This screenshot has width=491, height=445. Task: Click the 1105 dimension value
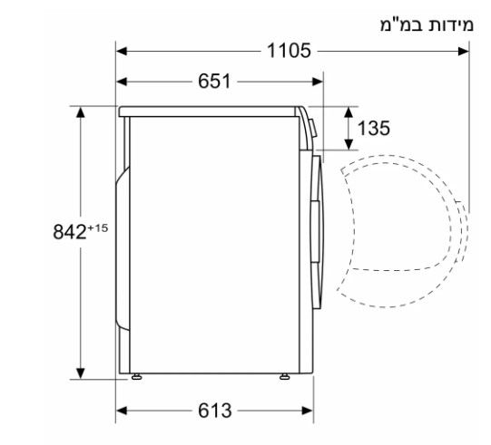[x=289, y=51]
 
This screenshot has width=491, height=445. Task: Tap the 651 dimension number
[x=214, y=82]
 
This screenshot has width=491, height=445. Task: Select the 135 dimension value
[x=374, y=128]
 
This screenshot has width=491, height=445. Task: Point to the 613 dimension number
[x=215, y=411]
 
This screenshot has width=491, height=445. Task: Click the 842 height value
[x=70, y=232]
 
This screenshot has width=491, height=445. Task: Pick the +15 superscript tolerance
[x=98, y=228]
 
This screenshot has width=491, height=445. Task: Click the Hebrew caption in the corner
[x=427, y=25]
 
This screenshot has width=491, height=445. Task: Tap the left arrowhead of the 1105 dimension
[x=122, y=51]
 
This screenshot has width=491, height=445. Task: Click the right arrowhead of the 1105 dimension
[x=464, y=51]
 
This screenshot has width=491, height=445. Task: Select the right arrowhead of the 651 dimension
[x=318, y=82]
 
